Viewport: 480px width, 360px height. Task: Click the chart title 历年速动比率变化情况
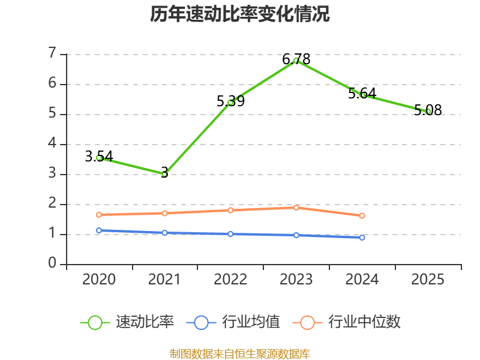[239, 14]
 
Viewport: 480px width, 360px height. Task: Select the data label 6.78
[296, 59]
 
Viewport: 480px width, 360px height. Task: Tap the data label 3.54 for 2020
[99, 157]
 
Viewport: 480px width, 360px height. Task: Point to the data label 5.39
[230, 101]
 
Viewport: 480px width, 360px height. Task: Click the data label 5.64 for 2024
[362, 94]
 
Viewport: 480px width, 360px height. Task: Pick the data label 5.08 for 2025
[428, 110]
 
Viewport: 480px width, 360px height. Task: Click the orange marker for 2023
[296, 208]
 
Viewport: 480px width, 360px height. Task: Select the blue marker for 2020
[99, 230]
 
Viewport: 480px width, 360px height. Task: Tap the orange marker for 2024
[362, 216]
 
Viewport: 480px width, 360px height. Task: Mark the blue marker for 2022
[230, 234]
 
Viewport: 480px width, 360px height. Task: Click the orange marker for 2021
[164, 213]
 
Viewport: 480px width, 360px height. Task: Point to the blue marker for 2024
[362, 238]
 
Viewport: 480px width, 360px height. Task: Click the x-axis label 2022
[230, 279]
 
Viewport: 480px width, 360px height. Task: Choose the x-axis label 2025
[428, 279]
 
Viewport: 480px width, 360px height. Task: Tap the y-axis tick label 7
[52, 53]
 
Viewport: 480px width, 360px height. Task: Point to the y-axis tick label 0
[52, 263]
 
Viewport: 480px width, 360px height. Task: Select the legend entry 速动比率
[127, 322]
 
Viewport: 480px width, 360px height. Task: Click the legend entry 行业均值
[233, 322]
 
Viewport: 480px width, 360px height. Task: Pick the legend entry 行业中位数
[347, 322]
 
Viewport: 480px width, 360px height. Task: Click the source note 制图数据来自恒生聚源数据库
[240, 354]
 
